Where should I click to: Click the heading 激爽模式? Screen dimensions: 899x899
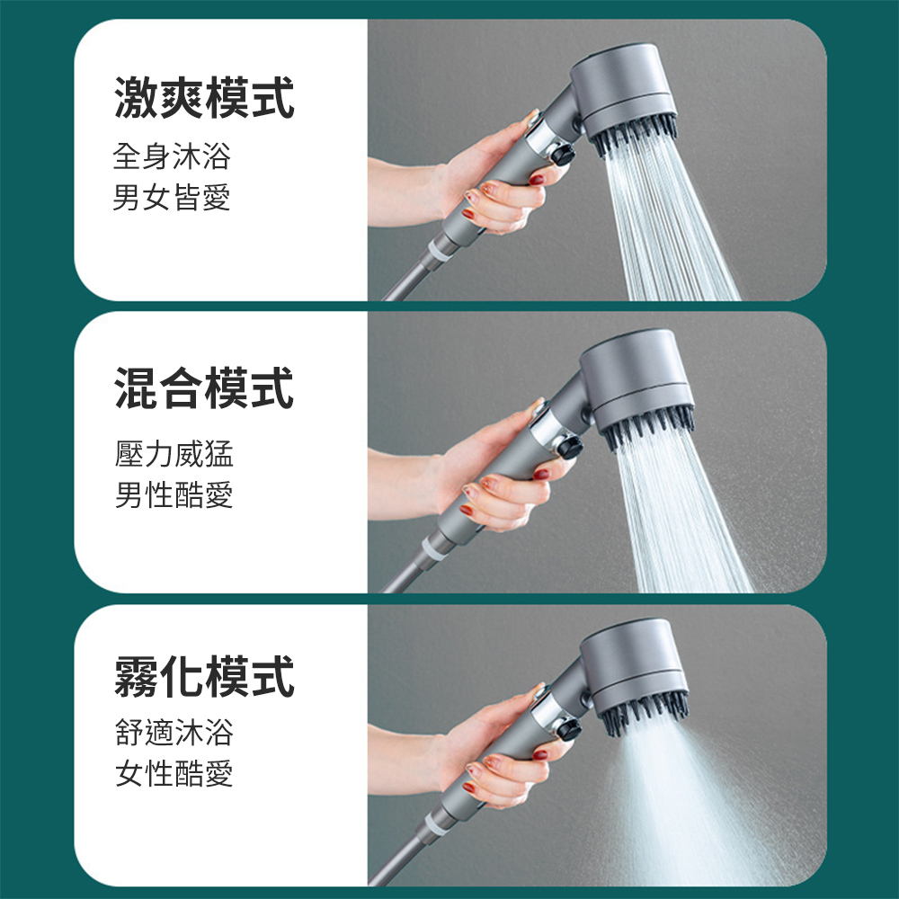pyautogui.click(x=204, y=99)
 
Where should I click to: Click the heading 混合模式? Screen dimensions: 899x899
pyautogui.click(x=204, y=389)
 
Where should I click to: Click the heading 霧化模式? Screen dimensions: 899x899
pyautogui.click(x=204, y=677)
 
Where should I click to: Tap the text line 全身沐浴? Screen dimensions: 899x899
pyautogui.click(x=172, y=156)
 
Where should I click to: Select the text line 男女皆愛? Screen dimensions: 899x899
pyautogui.click(x=172, y=197)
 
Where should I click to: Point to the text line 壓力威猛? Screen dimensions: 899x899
pyautogui.click(x=174, y=454)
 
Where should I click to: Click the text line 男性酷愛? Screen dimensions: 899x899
pyautogui.click(x=174, y=494)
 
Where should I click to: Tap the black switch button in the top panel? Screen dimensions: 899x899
pyautogui.click(x=565, y=155)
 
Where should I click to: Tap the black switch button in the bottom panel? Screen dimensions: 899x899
pyautogui.click(x=565, y=730)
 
